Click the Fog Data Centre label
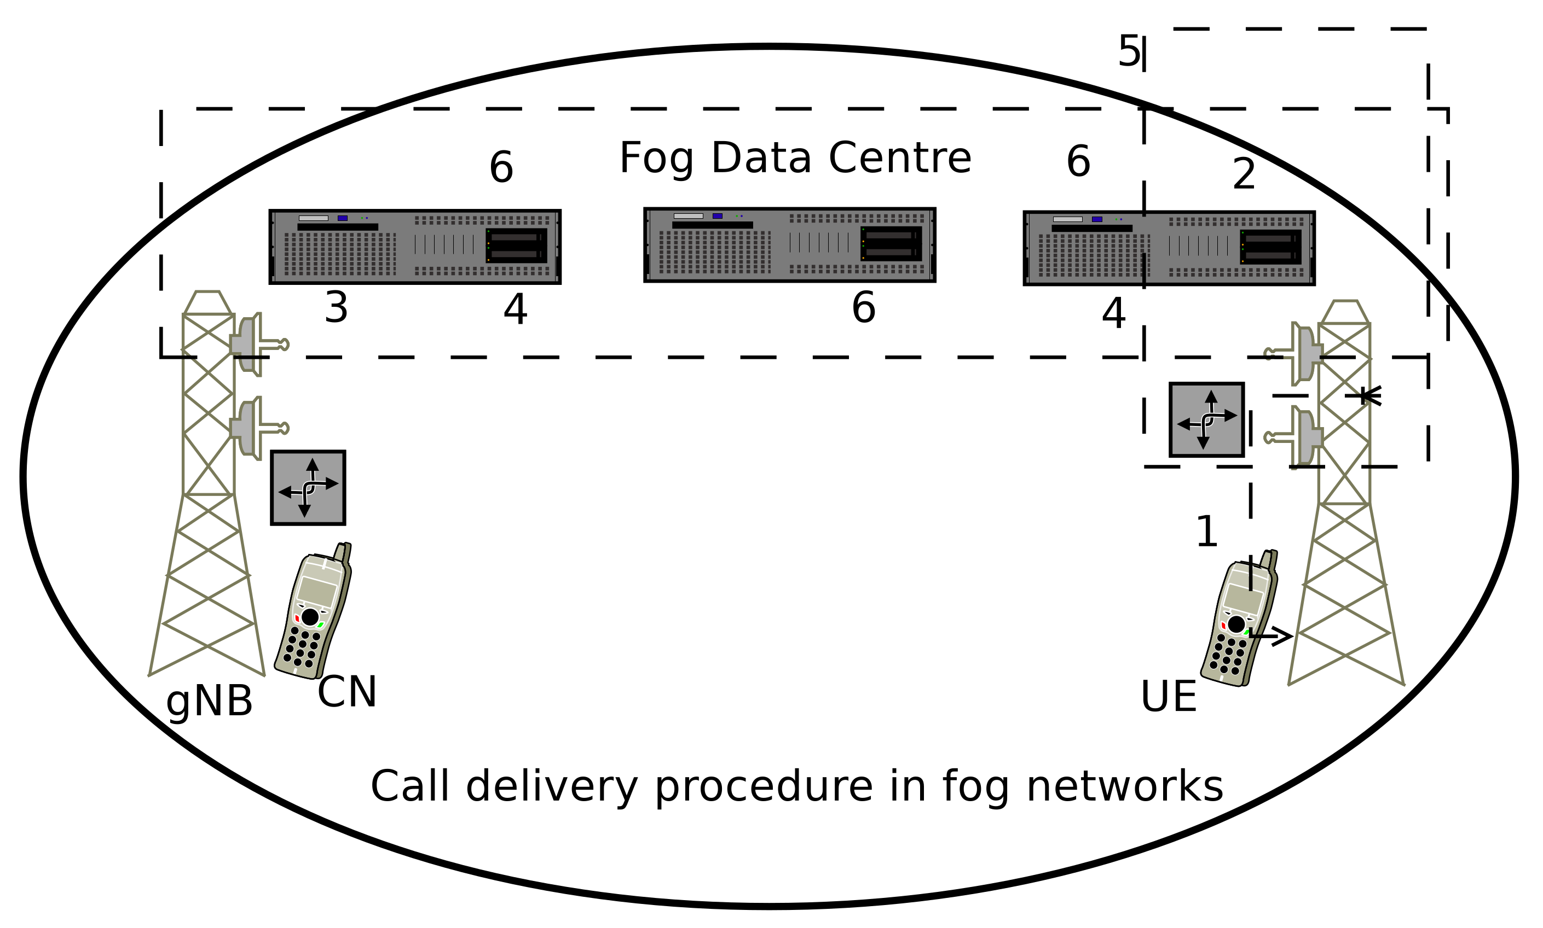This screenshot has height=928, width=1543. pos(795,158)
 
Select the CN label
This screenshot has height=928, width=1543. pos(346,692)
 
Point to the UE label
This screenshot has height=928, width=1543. pos(1168,696)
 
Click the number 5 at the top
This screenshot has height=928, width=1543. pos(1128,51)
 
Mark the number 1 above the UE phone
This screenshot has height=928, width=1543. pos(1206,532)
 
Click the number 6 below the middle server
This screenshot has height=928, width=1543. pos(864,308)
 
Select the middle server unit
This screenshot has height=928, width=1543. pos(790,245)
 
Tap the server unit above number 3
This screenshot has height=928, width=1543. pos(415,247)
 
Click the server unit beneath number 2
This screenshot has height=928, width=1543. pos(1169,248)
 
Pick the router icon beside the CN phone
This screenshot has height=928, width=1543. pos(308,487)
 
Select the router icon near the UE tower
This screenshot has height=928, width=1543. pos(1206,419)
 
